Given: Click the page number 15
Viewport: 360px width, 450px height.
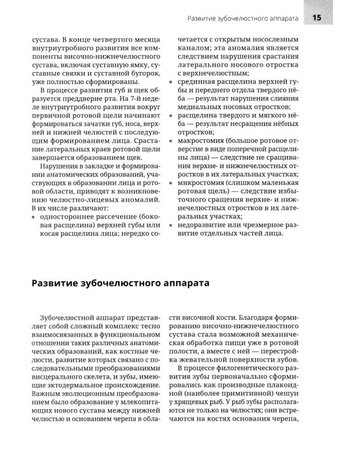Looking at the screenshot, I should pyautogui.click(x=316, y=17).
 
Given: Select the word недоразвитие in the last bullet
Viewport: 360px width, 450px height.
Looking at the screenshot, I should pyautogui.click(x=200, y=224).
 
